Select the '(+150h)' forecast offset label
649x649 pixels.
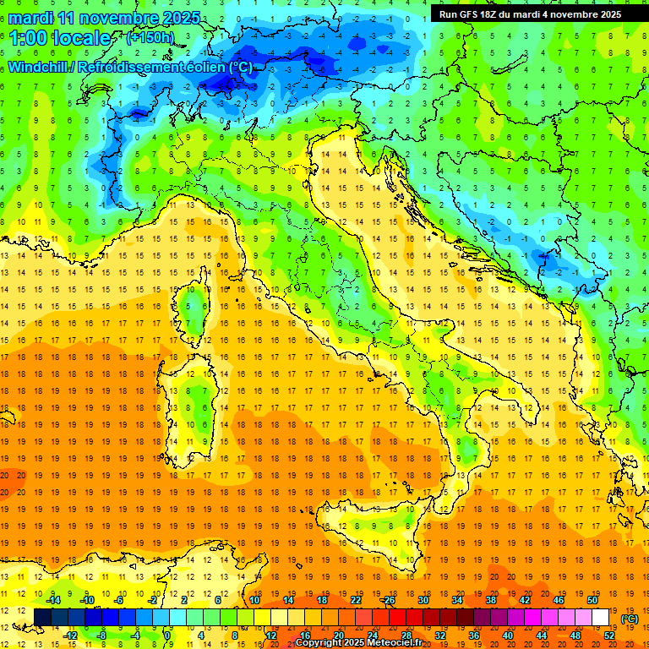[150, 38]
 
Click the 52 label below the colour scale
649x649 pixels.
[609, 635]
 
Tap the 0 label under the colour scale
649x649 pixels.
[168, 635]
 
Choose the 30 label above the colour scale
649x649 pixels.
[423, 600]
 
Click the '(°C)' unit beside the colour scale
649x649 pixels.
[630, 618]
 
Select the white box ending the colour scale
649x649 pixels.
[601, 618]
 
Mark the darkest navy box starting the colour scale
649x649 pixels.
[42, 618]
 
